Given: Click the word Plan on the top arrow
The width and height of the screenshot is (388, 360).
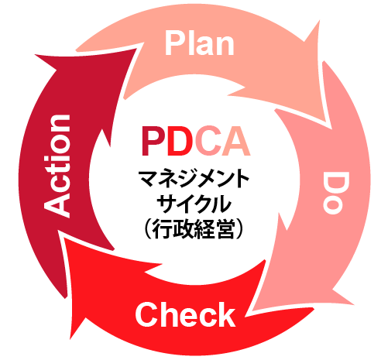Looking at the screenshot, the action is tap(200, 43).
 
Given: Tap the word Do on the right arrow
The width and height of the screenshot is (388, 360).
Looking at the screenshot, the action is tap(335, 193).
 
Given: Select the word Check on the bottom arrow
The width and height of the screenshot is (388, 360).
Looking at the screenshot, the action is tap(185, 314).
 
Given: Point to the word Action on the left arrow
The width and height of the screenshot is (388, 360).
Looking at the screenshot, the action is tap(57, 166).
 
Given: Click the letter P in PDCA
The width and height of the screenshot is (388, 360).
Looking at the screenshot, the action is tap(153, 141).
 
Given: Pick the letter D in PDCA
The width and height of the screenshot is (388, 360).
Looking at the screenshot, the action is tap(180, 141).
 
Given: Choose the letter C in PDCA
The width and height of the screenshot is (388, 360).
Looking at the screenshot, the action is tap(208, 141).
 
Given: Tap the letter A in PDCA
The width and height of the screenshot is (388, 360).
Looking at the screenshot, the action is tap(236, 141).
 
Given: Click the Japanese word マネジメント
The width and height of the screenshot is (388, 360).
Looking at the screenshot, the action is tap(194, 179).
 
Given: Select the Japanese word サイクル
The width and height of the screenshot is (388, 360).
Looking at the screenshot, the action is tap(194, 204).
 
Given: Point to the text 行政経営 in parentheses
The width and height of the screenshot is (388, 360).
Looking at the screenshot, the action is tap(194, 229).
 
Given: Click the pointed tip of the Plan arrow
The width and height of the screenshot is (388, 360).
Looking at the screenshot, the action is tap(331, 129).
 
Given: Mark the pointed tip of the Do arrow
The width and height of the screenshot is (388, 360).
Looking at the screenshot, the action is tap(252, 310).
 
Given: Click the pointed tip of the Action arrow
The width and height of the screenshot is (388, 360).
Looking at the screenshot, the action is tap(136, 48).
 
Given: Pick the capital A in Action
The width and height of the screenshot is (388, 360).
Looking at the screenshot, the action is tap(57, 204).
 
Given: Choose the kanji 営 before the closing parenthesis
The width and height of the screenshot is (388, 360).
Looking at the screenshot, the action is tap(225, 229).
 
